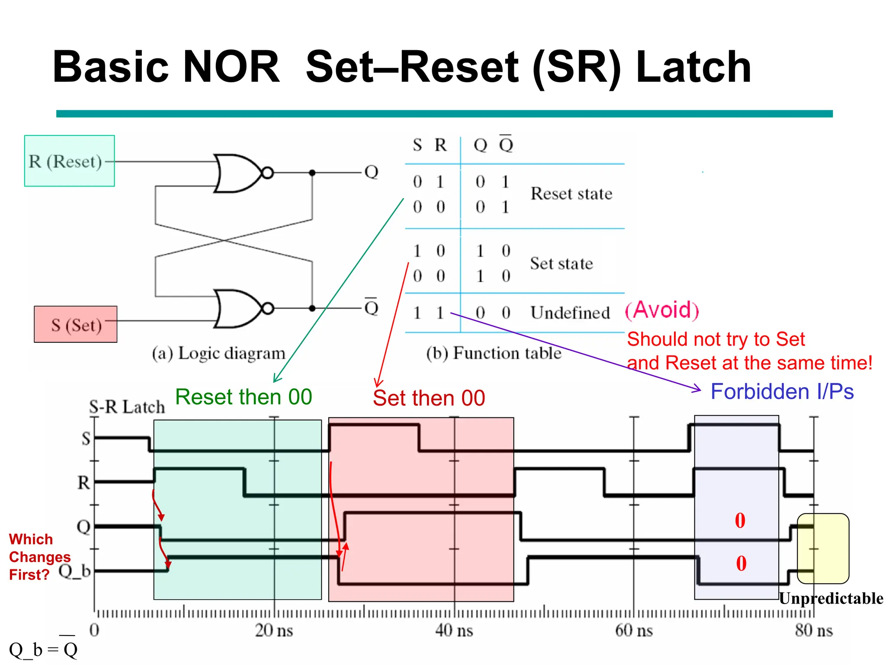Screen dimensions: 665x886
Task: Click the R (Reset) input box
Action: point(69,161)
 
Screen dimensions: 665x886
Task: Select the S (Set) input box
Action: point(76,325)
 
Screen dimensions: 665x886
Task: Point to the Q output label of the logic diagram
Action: point(371,172)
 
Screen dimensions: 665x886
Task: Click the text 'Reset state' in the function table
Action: point(571,194)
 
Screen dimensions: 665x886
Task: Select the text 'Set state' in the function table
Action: point(561,263)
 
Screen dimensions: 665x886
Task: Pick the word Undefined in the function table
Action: point(570,313)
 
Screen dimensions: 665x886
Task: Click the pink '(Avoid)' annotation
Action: point(662,310)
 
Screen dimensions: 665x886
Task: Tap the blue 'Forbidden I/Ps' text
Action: point(782,391)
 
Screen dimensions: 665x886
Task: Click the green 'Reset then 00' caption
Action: point(244,397)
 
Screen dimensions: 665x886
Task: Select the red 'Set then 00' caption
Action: point(429,398)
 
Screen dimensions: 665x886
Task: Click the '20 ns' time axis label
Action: point(273,630)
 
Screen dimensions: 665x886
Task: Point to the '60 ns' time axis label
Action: point(634,630)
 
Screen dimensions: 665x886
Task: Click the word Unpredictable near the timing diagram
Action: point(831,598)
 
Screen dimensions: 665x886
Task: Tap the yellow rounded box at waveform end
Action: point(823,549)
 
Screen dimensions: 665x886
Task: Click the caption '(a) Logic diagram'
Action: point(218,353)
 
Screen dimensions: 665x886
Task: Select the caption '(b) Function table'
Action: point(494,353)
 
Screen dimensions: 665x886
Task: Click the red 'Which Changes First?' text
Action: point(39,557)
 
